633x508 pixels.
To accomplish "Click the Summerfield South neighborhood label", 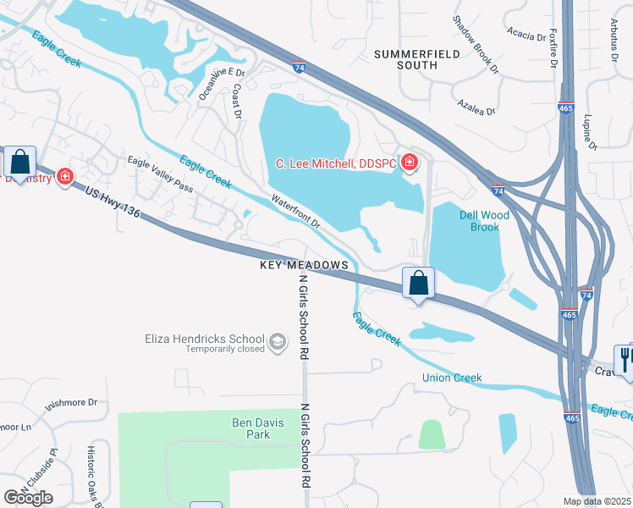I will point(418,59).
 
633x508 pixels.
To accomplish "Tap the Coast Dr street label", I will point(238,100).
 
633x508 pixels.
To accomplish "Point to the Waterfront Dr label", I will point(295,212).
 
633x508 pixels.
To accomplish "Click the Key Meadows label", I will point(305,265).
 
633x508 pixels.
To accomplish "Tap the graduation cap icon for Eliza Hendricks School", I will point(276,342).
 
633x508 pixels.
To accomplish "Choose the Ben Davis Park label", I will point(250,428).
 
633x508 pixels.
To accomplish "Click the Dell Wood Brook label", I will point(484,221).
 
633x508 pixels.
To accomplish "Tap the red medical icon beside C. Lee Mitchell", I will point(410,163).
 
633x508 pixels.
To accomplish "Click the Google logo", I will point(28,497).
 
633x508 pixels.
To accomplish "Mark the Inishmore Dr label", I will point(71,404).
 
